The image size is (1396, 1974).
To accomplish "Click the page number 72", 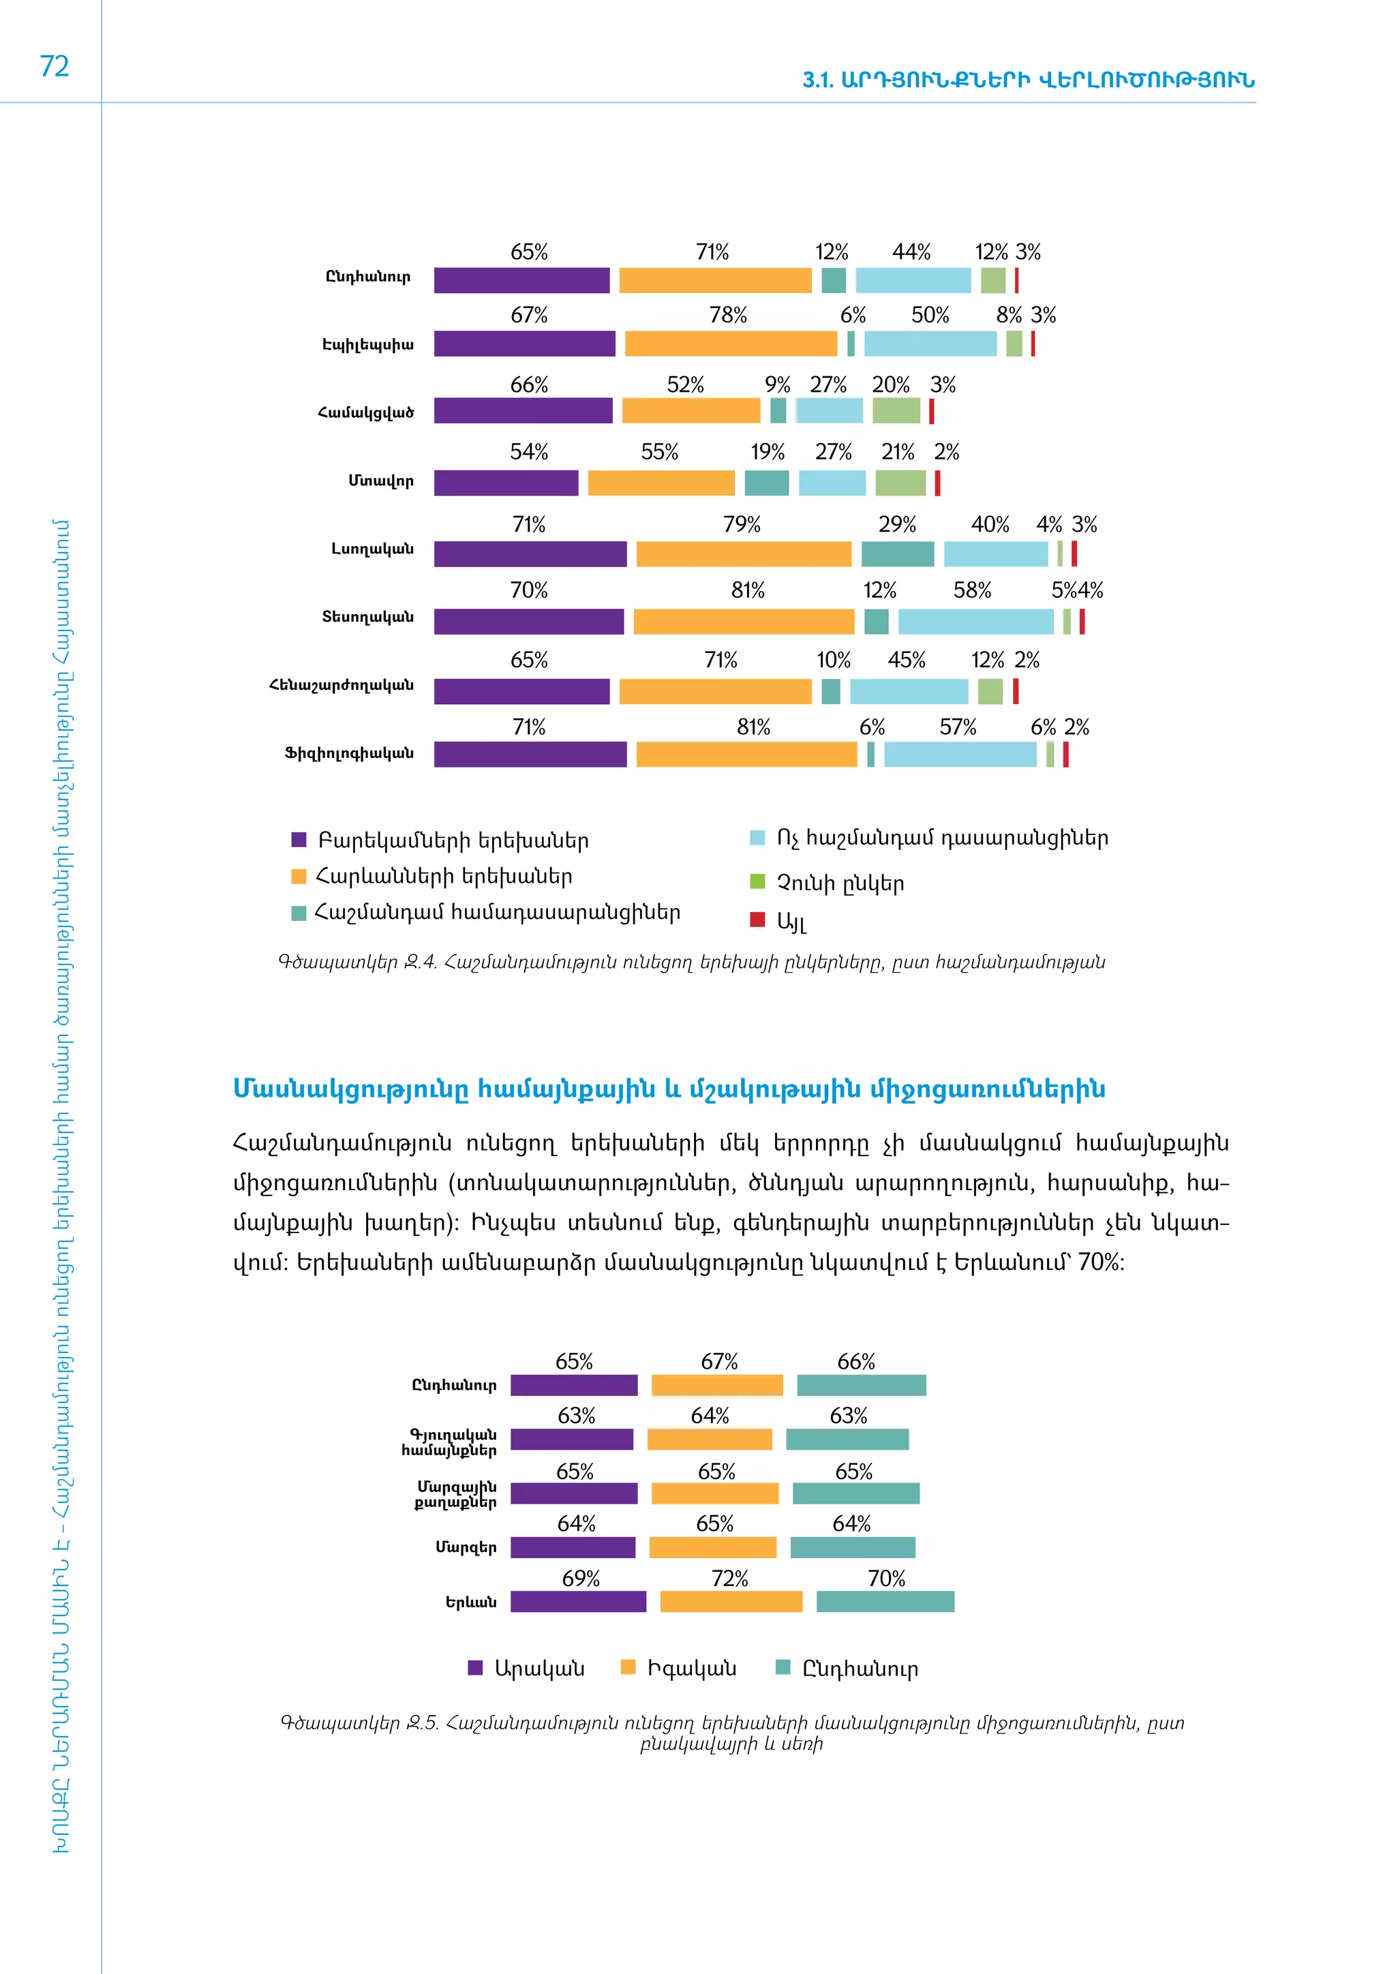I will coord(54,66).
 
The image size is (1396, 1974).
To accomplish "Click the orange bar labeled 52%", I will coord(691,411).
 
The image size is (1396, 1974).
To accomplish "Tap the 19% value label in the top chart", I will coord(767,452).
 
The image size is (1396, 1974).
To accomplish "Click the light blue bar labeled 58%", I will coord(975,622).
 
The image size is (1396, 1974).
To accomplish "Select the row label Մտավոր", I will coord(381,481).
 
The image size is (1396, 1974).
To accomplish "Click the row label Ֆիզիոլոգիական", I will coord(349,753).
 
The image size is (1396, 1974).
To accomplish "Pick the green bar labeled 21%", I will coord(900,483).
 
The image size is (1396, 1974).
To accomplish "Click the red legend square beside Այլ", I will coord(757,919).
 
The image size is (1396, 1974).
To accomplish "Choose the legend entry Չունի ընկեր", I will coord(840,883).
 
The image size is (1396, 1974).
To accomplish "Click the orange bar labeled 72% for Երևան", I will coord(731,1602).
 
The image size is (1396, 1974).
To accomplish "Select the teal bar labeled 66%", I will coord(862,1385).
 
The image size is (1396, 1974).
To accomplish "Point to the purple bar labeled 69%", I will coord(577,1602).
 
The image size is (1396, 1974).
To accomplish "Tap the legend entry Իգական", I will coord(691,1669).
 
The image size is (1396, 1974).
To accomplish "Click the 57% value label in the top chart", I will coord(958,727).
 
